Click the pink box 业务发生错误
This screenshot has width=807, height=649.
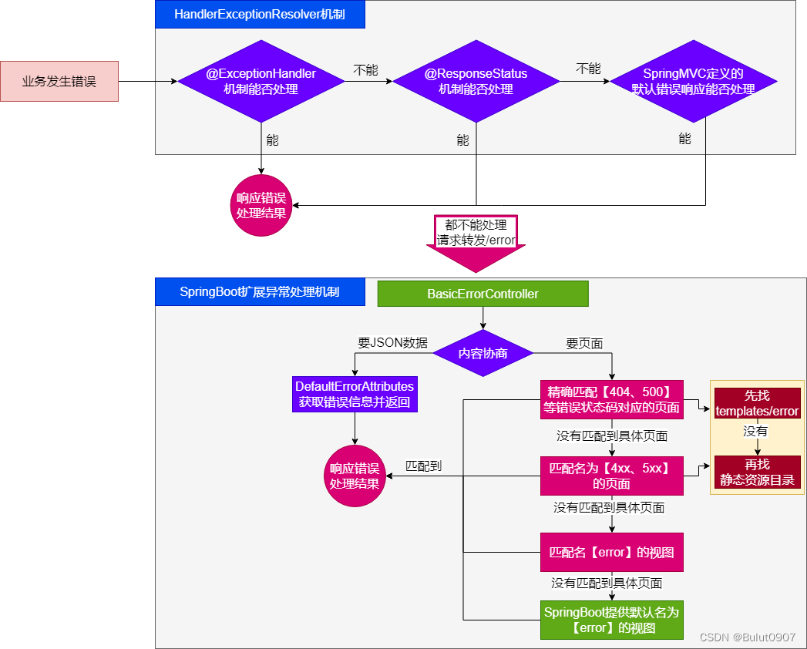[59, 81]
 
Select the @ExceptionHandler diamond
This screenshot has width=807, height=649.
[261, 81]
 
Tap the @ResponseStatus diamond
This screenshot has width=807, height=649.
[476, 81]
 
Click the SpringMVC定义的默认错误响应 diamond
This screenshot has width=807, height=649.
[693, 81]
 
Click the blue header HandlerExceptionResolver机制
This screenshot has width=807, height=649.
[259, 15]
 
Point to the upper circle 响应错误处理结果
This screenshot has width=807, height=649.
[261, 205]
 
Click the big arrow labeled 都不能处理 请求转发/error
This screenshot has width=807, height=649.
[476, 241]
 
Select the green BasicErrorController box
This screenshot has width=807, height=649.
[483, 294]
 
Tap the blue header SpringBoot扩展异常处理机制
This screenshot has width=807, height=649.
[259, 292]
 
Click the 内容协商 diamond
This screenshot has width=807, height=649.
[483, 353]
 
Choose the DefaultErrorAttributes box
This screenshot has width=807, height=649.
[355, 394]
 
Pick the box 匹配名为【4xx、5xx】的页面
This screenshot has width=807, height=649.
[612, 476]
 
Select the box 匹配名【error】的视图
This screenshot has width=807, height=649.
[612, 552]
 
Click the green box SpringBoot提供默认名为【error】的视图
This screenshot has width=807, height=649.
[612, 620]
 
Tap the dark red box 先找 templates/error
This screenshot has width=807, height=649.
[757, 403]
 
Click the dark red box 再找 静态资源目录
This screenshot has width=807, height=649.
[757, 472]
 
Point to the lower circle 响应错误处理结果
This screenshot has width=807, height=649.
[355, 476]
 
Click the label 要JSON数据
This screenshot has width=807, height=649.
[393, 343]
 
